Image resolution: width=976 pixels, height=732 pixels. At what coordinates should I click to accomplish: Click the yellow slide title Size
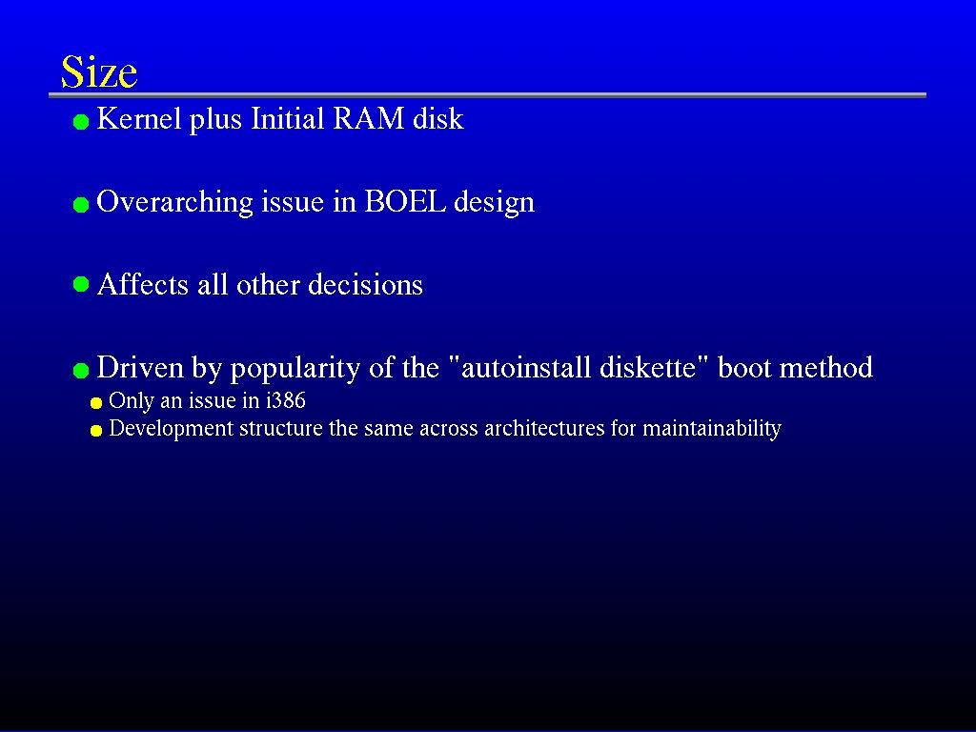click(99, 71)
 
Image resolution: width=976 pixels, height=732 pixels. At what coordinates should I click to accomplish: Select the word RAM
click(369, 118)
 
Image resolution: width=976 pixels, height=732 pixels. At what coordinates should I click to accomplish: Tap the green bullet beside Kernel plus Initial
click(81, 122)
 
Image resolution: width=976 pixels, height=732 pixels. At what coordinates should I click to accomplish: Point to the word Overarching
click(175, 202)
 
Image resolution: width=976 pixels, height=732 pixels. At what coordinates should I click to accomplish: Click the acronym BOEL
click(405, 201)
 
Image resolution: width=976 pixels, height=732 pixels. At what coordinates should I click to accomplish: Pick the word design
click(494, 202)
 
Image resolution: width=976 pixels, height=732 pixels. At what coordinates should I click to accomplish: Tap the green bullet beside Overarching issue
click(81, 205)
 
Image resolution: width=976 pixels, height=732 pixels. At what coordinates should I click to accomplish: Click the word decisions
click(365, 284)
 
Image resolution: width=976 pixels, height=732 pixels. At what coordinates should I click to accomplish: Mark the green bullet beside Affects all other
click(81, 284)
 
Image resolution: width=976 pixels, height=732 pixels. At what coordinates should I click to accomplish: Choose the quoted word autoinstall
click(520, 367)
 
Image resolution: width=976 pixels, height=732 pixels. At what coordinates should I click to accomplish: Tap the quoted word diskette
click(655, 367)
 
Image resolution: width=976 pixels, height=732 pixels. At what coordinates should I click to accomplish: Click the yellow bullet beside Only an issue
click(96, 403)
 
